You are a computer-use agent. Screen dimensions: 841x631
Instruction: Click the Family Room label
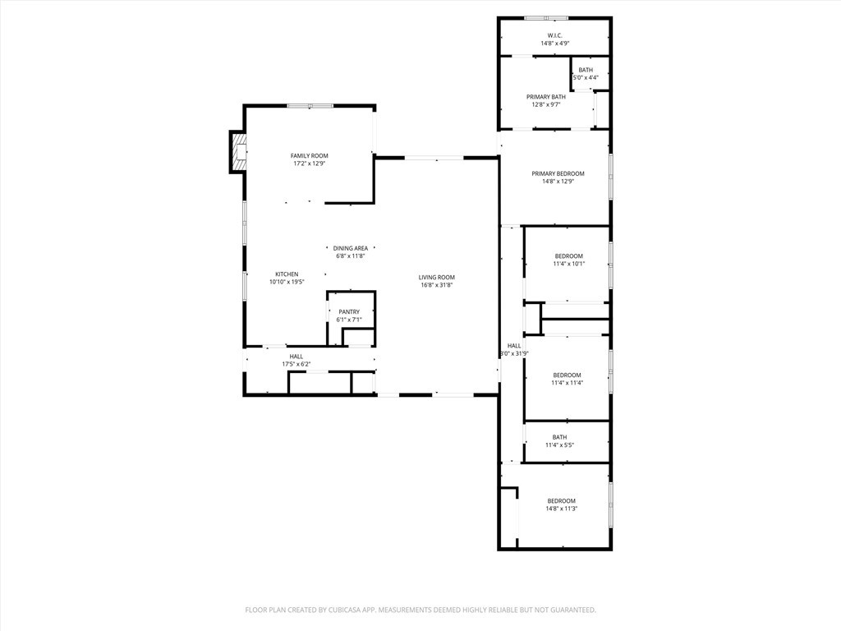coord(310,155)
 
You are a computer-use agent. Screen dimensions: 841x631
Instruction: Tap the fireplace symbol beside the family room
coord(239,152)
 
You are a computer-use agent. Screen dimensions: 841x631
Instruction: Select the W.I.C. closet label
coord(555,35)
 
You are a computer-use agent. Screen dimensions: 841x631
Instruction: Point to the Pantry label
coord(349,311)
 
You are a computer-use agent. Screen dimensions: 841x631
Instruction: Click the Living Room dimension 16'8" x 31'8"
coord(437,285)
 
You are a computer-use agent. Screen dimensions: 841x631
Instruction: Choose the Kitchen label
coord(287,274)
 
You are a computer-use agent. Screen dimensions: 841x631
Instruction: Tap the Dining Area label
coord(351,248)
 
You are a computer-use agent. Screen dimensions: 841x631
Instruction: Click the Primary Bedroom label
coord(558,174)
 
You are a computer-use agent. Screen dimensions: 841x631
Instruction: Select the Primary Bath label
coord(546,97)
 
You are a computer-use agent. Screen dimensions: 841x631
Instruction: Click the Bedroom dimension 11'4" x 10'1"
coord(569,264)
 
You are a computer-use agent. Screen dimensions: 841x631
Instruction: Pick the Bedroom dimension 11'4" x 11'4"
coord(567,383)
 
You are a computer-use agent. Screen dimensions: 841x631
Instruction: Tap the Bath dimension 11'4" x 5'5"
coord(560,444)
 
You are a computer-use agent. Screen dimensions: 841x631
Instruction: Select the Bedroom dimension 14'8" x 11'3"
coord(562,509)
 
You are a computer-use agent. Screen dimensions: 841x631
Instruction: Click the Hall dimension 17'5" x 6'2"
coord(296,364)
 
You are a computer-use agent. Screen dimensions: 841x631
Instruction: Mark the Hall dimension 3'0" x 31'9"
coord(514,353)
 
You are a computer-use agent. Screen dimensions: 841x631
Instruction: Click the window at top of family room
coord(310,106)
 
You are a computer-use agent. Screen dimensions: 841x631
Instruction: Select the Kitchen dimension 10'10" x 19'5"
coord(287,282)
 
